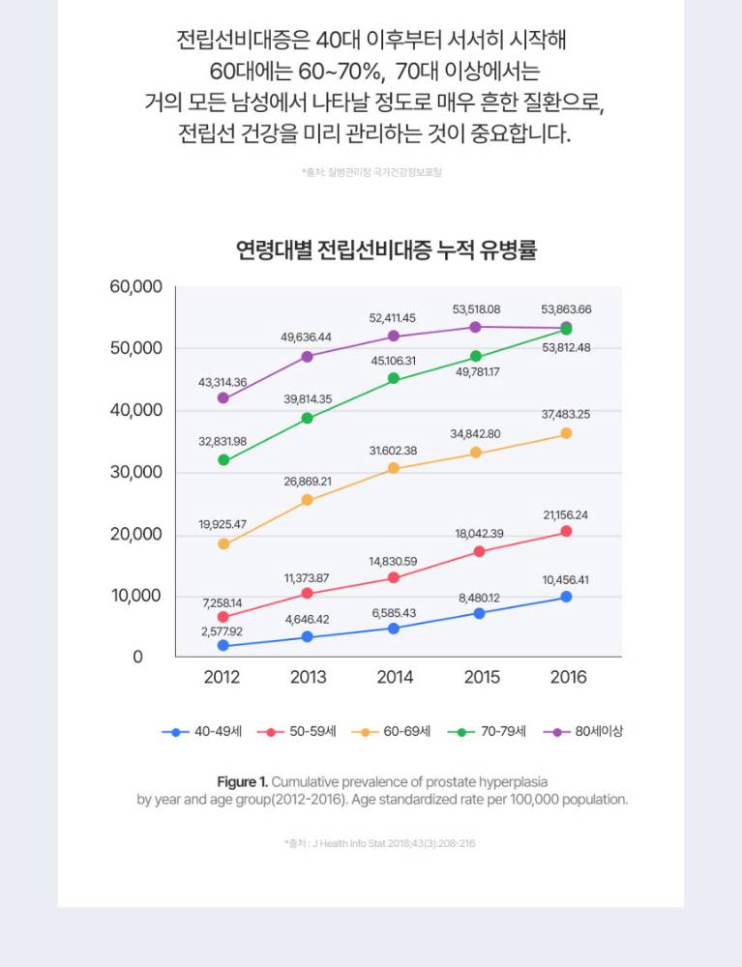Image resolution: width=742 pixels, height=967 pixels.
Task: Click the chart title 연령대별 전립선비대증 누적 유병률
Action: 386,251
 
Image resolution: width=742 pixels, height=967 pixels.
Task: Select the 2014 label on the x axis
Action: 395,677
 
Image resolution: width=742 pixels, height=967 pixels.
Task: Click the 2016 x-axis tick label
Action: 568,677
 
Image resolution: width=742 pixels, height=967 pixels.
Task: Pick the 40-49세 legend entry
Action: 201,732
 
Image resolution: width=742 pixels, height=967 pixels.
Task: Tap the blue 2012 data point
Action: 223,645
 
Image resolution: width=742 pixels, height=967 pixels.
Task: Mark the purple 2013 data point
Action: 308,356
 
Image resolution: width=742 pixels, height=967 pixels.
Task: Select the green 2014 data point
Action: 394,378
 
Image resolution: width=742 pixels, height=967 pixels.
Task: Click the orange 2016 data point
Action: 566,433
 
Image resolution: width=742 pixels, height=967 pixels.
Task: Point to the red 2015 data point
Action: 479,551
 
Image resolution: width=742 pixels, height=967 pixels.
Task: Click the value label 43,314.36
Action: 223,383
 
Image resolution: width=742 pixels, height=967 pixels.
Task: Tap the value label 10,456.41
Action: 565,580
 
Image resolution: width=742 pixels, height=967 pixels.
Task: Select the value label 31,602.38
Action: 393,451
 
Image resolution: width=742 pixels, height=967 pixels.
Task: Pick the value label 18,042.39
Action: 479,534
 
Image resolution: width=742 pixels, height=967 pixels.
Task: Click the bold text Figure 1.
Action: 242,781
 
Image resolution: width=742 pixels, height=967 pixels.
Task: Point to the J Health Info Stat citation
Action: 380,843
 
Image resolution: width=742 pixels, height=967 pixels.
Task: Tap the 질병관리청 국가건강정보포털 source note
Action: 372,172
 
